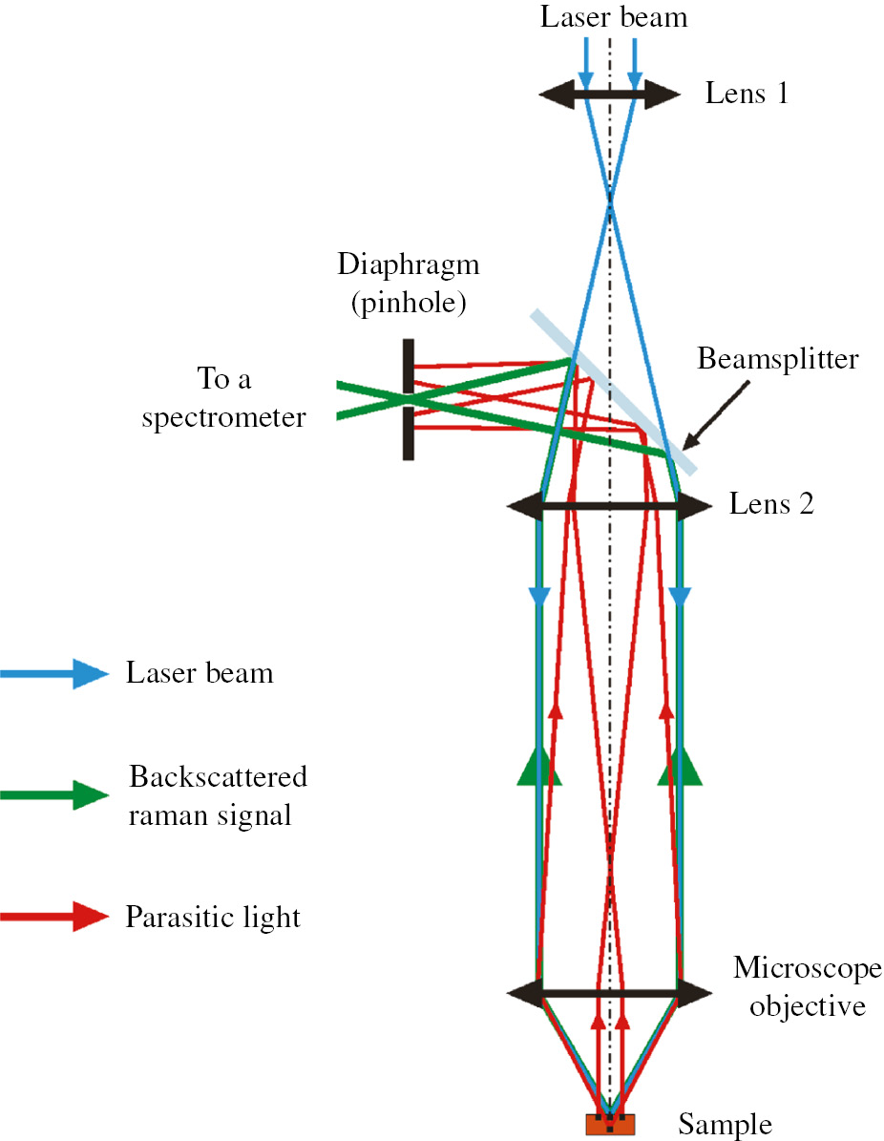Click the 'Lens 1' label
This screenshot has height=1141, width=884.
747,94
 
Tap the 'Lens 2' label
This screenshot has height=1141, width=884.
771,504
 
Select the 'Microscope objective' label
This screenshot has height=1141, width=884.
800,987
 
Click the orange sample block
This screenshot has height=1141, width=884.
610,1125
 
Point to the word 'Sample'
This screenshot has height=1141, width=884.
725,1125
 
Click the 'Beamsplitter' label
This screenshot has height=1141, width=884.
778,360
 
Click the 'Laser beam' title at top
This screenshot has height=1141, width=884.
611,17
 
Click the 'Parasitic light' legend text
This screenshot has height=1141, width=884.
213,919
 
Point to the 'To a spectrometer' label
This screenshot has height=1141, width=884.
224,398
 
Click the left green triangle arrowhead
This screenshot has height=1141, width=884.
539,767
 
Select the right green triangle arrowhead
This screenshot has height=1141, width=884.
680,767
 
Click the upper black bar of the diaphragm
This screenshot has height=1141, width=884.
409,366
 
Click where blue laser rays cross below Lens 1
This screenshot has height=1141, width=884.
609,199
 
